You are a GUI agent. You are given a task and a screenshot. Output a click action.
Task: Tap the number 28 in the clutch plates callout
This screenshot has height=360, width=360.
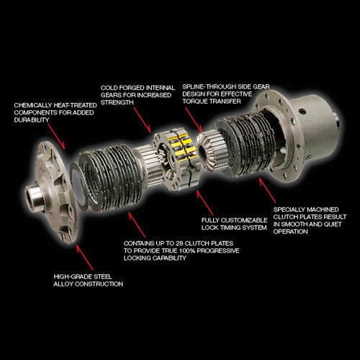pos(179,243)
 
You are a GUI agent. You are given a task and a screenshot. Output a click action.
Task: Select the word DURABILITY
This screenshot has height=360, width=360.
pos(32,120)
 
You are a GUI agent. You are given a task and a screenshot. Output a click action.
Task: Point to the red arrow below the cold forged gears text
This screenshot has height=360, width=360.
pos(143,120)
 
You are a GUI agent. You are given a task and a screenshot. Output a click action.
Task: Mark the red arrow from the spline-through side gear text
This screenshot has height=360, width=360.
pos(194,120)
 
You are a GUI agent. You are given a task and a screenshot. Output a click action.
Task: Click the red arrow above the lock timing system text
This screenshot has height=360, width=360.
pos(204,202)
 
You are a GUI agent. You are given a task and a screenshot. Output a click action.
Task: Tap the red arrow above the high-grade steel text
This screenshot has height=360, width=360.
pos(85,257)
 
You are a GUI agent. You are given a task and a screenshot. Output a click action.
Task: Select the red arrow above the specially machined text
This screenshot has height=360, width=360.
pos(267,191)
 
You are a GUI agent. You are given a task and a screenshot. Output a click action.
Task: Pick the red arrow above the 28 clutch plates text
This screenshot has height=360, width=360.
pos(137,225)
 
